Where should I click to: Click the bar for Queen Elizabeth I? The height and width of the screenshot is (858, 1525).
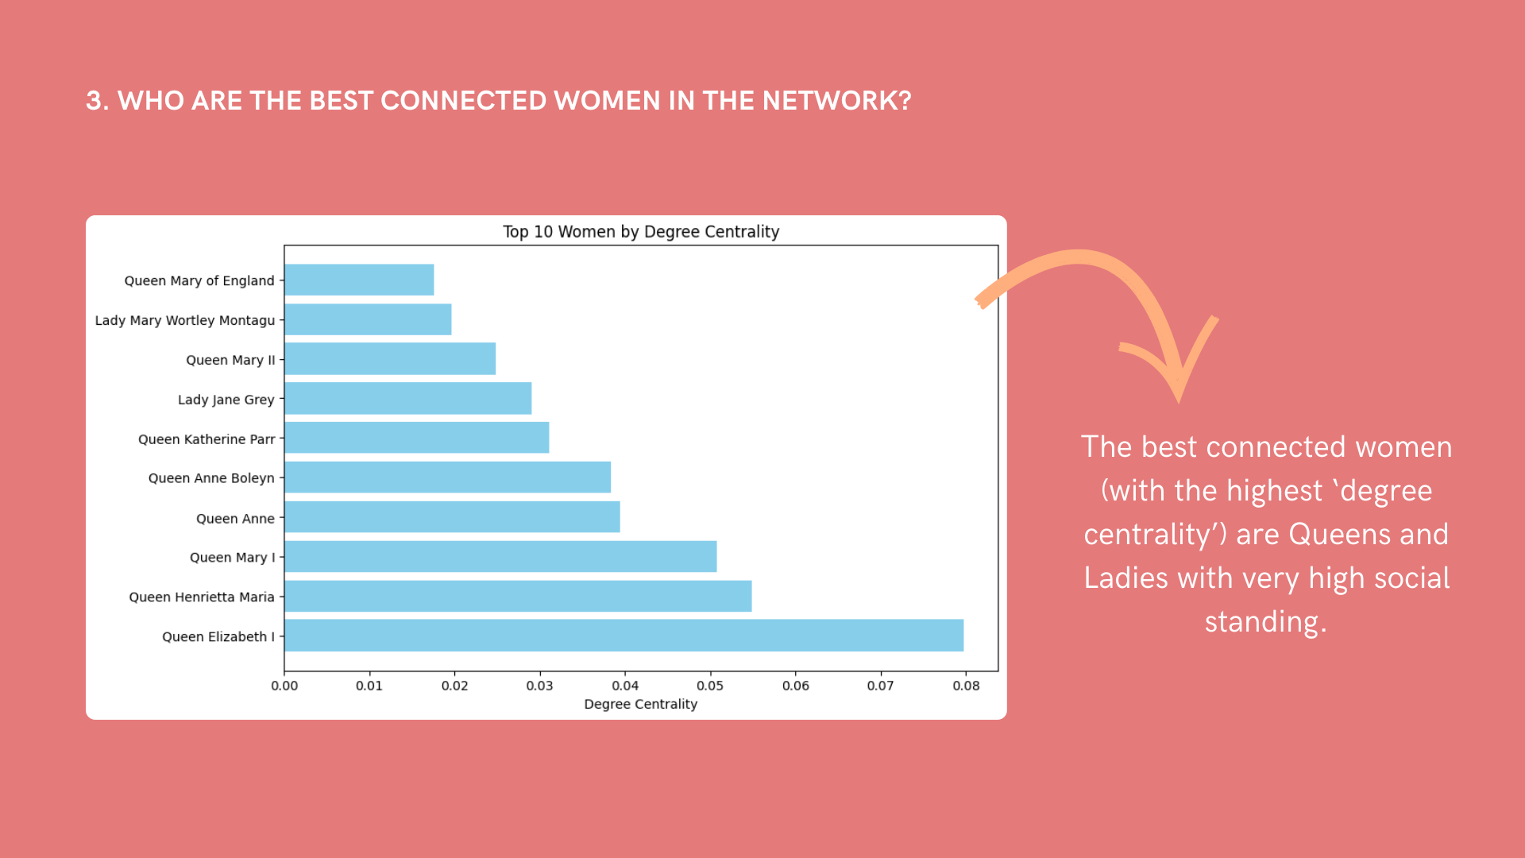[624, 636]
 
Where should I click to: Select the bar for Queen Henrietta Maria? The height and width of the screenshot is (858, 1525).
[518, 596]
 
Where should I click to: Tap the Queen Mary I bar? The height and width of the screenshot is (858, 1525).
[500, 556]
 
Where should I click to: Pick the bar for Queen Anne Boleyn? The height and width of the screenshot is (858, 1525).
[448, 477]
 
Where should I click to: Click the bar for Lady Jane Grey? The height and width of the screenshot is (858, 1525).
[408, 398]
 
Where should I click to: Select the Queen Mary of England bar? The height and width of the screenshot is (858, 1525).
[359, 280]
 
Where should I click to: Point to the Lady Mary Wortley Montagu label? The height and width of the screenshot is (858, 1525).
[185, 320]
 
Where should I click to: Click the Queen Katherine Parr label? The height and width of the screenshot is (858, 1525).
[207, 439]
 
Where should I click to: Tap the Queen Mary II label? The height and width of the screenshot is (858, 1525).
[230, 360]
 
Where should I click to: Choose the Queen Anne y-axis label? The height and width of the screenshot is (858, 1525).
[235, 519]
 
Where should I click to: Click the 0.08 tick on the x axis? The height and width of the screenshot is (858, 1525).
[966, 686]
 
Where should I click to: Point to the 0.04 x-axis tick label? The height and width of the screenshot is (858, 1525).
[625, 686]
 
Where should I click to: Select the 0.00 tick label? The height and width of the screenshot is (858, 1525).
[284, 686]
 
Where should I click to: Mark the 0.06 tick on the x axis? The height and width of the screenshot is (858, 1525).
[796, 686]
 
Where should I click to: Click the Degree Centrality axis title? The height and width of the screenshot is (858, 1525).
[641, 704]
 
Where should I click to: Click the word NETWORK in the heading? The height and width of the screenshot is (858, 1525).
[837, 101]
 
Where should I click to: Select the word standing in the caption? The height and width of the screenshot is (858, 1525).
[1265, 622]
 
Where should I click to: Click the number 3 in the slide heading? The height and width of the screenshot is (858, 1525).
[95, 101]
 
